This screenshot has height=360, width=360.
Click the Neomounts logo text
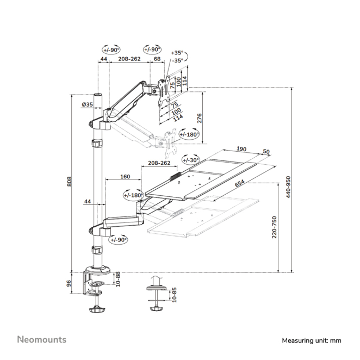(x=41, y=339)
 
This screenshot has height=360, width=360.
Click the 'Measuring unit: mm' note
(x=311, y=340)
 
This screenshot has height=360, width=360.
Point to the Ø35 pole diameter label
(x=86, y=104)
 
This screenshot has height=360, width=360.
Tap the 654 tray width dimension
(x=239, y=184)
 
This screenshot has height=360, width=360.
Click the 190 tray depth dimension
(x=242, y=148)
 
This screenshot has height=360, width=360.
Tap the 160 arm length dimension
(x=125, y=176)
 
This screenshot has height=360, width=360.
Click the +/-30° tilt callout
(x=190, y=160)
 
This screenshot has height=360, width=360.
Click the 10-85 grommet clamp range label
(x=173, y=295)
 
